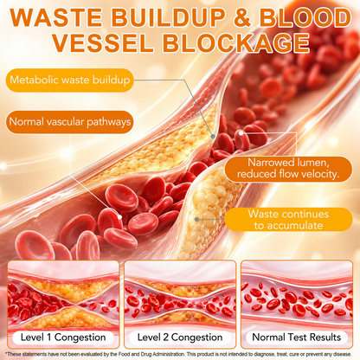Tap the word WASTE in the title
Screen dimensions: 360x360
pos(56,18)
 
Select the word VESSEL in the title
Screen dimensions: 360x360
pos(103,43)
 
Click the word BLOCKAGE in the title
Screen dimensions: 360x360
pos(236,43)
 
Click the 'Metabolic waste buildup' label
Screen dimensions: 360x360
pos(69,80)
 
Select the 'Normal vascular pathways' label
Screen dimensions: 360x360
pos(69,122)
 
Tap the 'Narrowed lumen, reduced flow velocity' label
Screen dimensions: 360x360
pos(288,169)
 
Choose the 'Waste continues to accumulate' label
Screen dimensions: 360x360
pos(288,220)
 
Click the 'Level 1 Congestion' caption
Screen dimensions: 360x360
pos(63,337)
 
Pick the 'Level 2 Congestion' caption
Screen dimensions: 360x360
pos(180,337)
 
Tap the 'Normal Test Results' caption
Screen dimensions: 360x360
pos(297,337)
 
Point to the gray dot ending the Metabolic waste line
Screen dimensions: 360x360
pos(213,136)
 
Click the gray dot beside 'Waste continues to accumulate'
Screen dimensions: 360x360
pos(196,220)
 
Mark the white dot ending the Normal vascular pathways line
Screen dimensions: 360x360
pos(119,216)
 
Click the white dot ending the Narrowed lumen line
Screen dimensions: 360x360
pos(241,133)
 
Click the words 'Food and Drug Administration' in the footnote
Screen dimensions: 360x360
pos(151,354)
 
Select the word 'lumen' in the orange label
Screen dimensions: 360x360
pos(309,163)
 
